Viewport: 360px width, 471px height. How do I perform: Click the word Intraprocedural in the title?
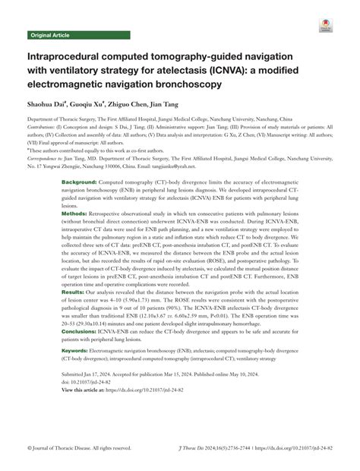pos(69,57)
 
